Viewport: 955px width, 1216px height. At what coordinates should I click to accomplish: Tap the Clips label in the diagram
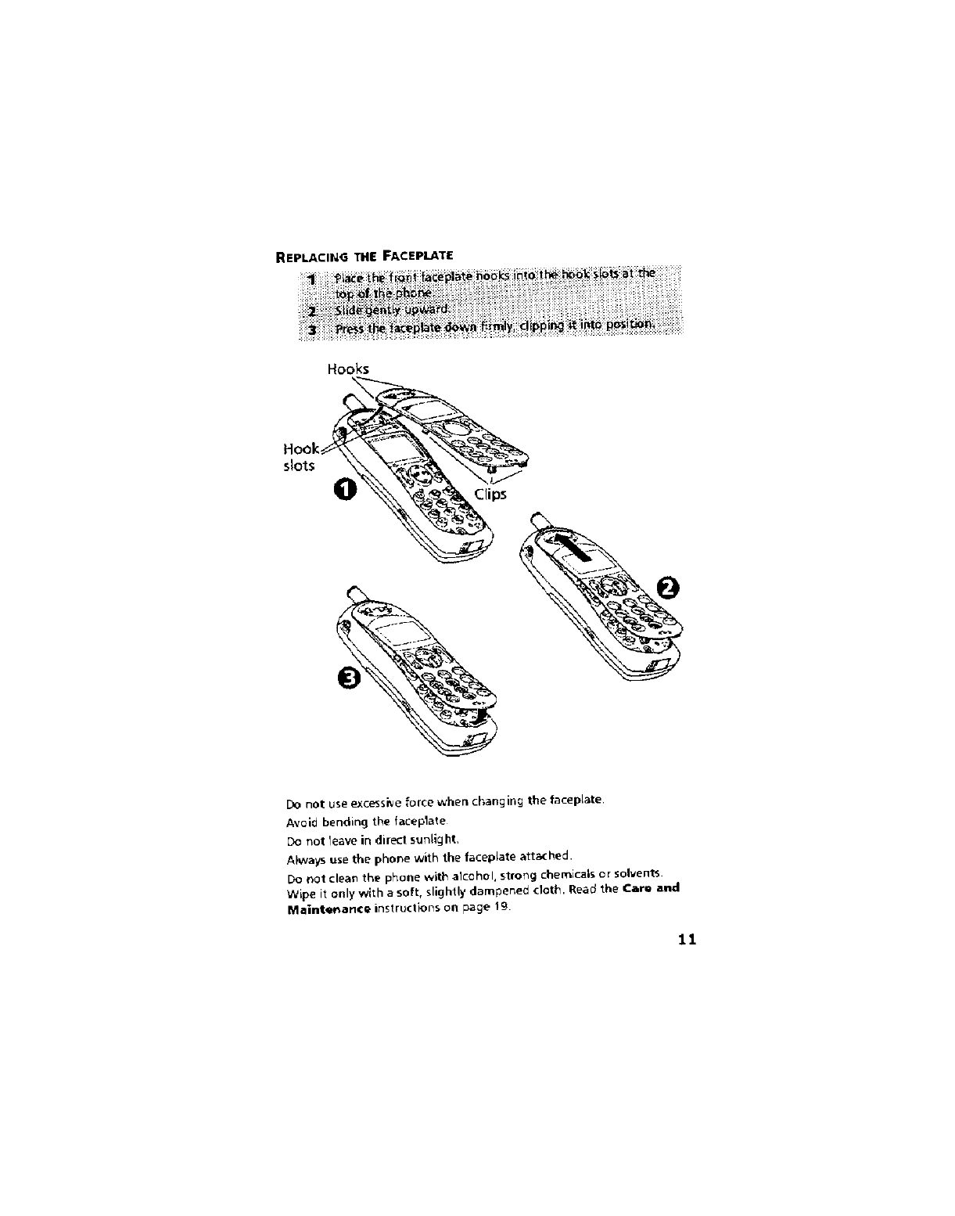[490, 494]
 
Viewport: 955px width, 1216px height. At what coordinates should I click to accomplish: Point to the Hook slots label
[300, 458]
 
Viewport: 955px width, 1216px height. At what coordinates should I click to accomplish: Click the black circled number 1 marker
[344, 490]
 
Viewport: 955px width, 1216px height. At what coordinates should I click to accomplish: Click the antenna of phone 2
[538, 519]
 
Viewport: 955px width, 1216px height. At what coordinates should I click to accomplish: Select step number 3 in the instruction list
[311, 329]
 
